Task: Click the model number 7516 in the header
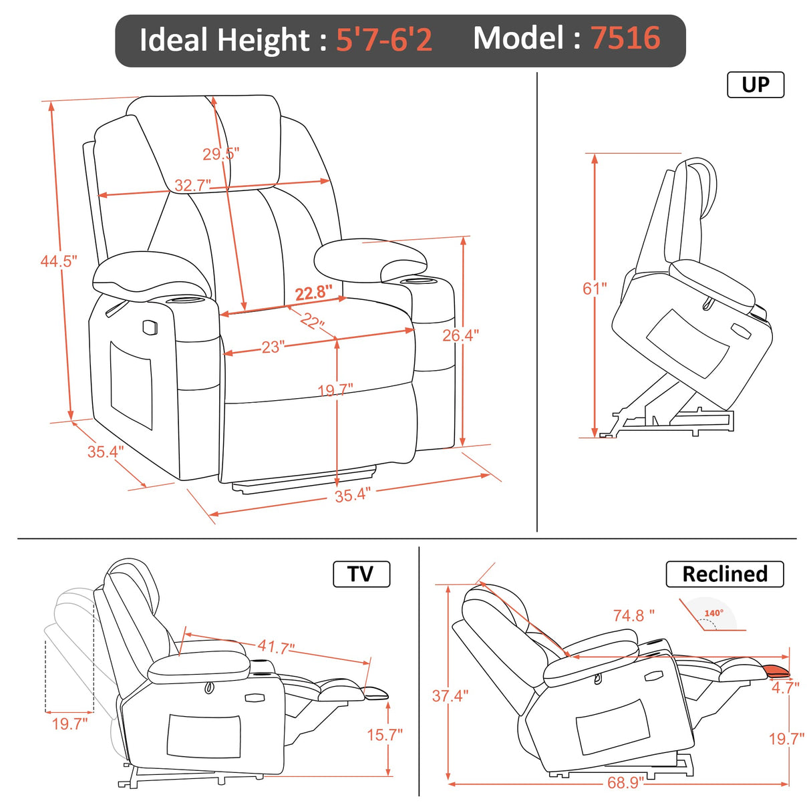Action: pos(625,38)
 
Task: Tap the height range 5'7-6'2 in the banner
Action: pos(383,39)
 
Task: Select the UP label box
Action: pos(755,85)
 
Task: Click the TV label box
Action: pos(361,574)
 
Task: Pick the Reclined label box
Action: pos(724,574)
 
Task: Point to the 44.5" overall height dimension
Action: pos(59,261)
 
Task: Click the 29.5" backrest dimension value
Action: pos(220,154)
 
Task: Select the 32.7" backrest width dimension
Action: pos(192,185)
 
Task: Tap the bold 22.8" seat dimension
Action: pos(313,293)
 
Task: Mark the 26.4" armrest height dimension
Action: pos(460,335)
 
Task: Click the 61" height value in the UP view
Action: pos(595,289)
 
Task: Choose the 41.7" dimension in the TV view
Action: pos(276,647)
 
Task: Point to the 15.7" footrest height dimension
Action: pos(384,735)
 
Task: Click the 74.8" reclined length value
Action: pos(633,615)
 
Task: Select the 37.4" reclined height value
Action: pos(450,696)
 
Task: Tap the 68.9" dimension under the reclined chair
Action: pos(625,782)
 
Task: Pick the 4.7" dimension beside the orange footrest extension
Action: pos(785,687)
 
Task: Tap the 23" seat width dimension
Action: pos(273,347)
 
